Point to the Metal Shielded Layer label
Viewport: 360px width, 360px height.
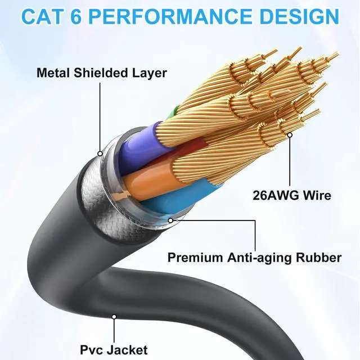(x=101, y=73)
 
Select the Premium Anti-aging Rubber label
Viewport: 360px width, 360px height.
(x=254, y=258)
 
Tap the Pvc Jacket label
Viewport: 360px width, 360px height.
(x=114, y=350)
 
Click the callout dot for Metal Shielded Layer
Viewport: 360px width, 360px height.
(x=100, y=153)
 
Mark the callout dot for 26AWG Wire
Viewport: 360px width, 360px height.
(x=290, y=135)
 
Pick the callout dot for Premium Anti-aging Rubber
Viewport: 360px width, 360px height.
(x=170, y=220)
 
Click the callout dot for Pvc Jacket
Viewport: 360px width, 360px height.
(x=114, y=317)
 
